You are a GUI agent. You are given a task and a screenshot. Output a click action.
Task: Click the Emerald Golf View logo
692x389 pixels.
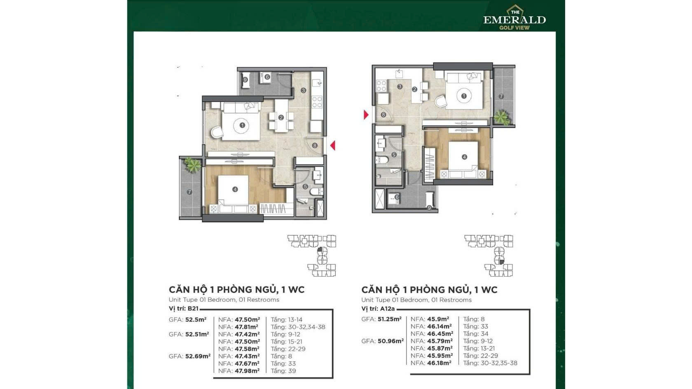point(514,18)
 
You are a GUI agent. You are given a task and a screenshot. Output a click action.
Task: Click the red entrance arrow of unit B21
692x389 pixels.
point(333,145)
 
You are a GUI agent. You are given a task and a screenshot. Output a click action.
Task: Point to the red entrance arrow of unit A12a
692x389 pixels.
point(366,115)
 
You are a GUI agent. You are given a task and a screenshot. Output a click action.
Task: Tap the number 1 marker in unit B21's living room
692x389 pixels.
point(242,125)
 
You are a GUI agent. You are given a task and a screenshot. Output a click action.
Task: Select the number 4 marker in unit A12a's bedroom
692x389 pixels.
point(464,157)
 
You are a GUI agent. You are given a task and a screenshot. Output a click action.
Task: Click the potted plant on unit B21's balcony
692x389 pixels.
point(193,165)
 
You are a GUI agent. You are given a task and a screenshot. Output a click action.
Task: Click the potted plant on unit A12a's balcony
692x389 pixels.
point(502,118)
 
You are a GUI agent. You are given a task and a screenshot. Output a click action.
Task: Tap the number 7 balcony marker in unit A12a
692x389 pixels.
point(501,96)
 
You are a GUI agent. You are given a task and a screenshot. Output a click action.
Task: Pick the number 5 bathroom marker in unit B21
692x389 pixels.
point(305,186)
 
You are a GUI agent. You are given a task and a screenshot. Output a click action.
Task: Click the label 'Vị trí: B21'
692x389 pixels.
point(184,308)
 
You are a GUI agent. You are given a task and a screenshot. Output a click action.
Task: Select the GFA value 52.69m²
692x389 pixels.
point(198,356)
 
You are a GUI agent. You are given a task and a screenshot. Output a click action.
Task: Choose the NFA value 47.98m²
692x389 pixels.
point(247,371)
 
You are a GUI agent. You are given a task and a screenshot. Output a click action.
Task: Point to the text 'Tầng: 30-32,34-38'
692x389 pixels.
point(298,327)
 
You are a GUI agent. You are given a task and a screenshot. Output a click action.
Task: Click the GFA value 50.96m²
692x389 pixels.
point(390,341)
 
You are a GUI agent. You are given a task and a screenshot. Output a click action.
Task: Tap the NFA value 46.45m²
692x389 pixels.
point(440,334)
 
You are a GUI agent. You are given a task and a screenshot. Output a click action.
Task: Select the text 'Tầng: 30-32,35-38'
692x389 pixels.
point(490,363)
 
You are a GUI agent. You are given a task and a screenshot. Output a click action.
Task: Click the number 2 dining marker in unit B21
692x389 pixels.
point(281,118)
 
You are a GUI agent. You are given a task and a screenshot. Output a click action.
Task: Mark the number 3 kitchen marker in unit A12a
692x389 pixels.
point(400,87)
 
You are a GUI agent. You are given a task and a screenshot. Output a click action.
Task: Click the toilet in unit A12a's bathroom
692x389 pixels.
point(381,160)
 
